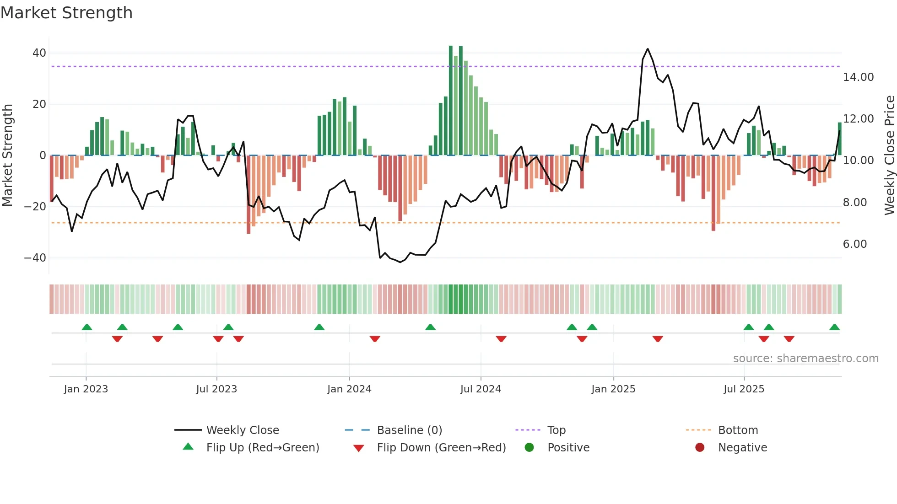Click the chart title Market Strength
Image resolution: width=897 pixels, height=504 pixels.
click(x=66, y=13)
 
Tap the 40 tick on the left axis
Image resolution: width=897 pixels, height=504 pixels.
click(x=39, y=53)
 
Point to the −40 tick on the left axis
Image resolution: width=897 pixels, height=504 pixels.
click(x=35, y=258)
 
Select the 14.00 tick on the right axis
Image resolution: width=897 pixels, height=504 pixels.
click(x=858, y=77)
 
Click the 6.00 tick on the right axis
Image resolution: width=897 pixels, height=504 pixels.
click(x=855, y=244)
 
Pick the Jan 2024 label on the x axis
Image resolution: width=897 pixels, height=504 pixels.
click(x=349, y=389)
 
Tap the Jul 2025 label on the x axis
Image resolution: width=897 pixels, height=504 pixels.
click(x=744, y=389)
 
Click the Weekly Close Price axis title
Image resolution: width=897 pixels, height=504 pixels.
click(x=889, y=155)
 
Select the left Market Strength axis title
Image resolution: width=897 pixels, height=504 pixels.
click(x=8, y=155)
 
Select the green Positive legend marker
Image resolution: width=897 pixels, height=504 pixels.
click(x=530, y=448)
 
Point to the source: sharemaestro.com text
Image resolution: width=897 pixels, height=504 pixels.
click(x=805, y=359)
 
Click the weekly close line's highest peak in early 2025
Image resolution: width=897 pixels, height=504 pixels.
click(x=648, y=49)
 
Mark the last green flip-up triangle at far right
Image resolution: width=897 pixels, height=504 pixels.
click(x=834, y=327)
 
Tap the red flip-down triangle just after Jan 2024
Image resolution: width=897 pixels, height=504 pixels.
click(x=375, y=339)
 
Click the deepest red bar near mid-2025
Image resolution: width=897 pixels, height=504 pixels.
click(x=713, y=193)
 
